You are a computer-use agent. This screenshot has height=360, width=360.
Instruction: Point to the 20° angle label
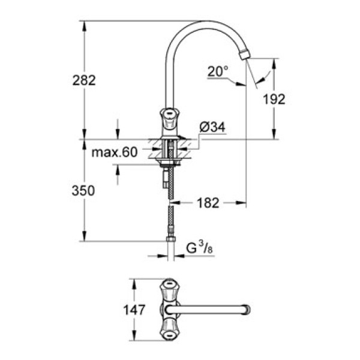pyautogui.click(x=218, y=71)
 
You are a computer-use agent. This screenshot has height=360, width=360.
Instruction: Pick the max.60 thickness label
pyautogui.click(x=115, y=153)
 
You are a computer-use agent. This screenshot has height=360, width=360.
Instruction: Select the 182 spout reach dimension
pyautogui.click(x=208, y=203)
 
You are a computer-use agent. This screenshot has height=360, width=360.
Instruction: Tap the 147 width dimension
pyautogui.click(x=137, y=310)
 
